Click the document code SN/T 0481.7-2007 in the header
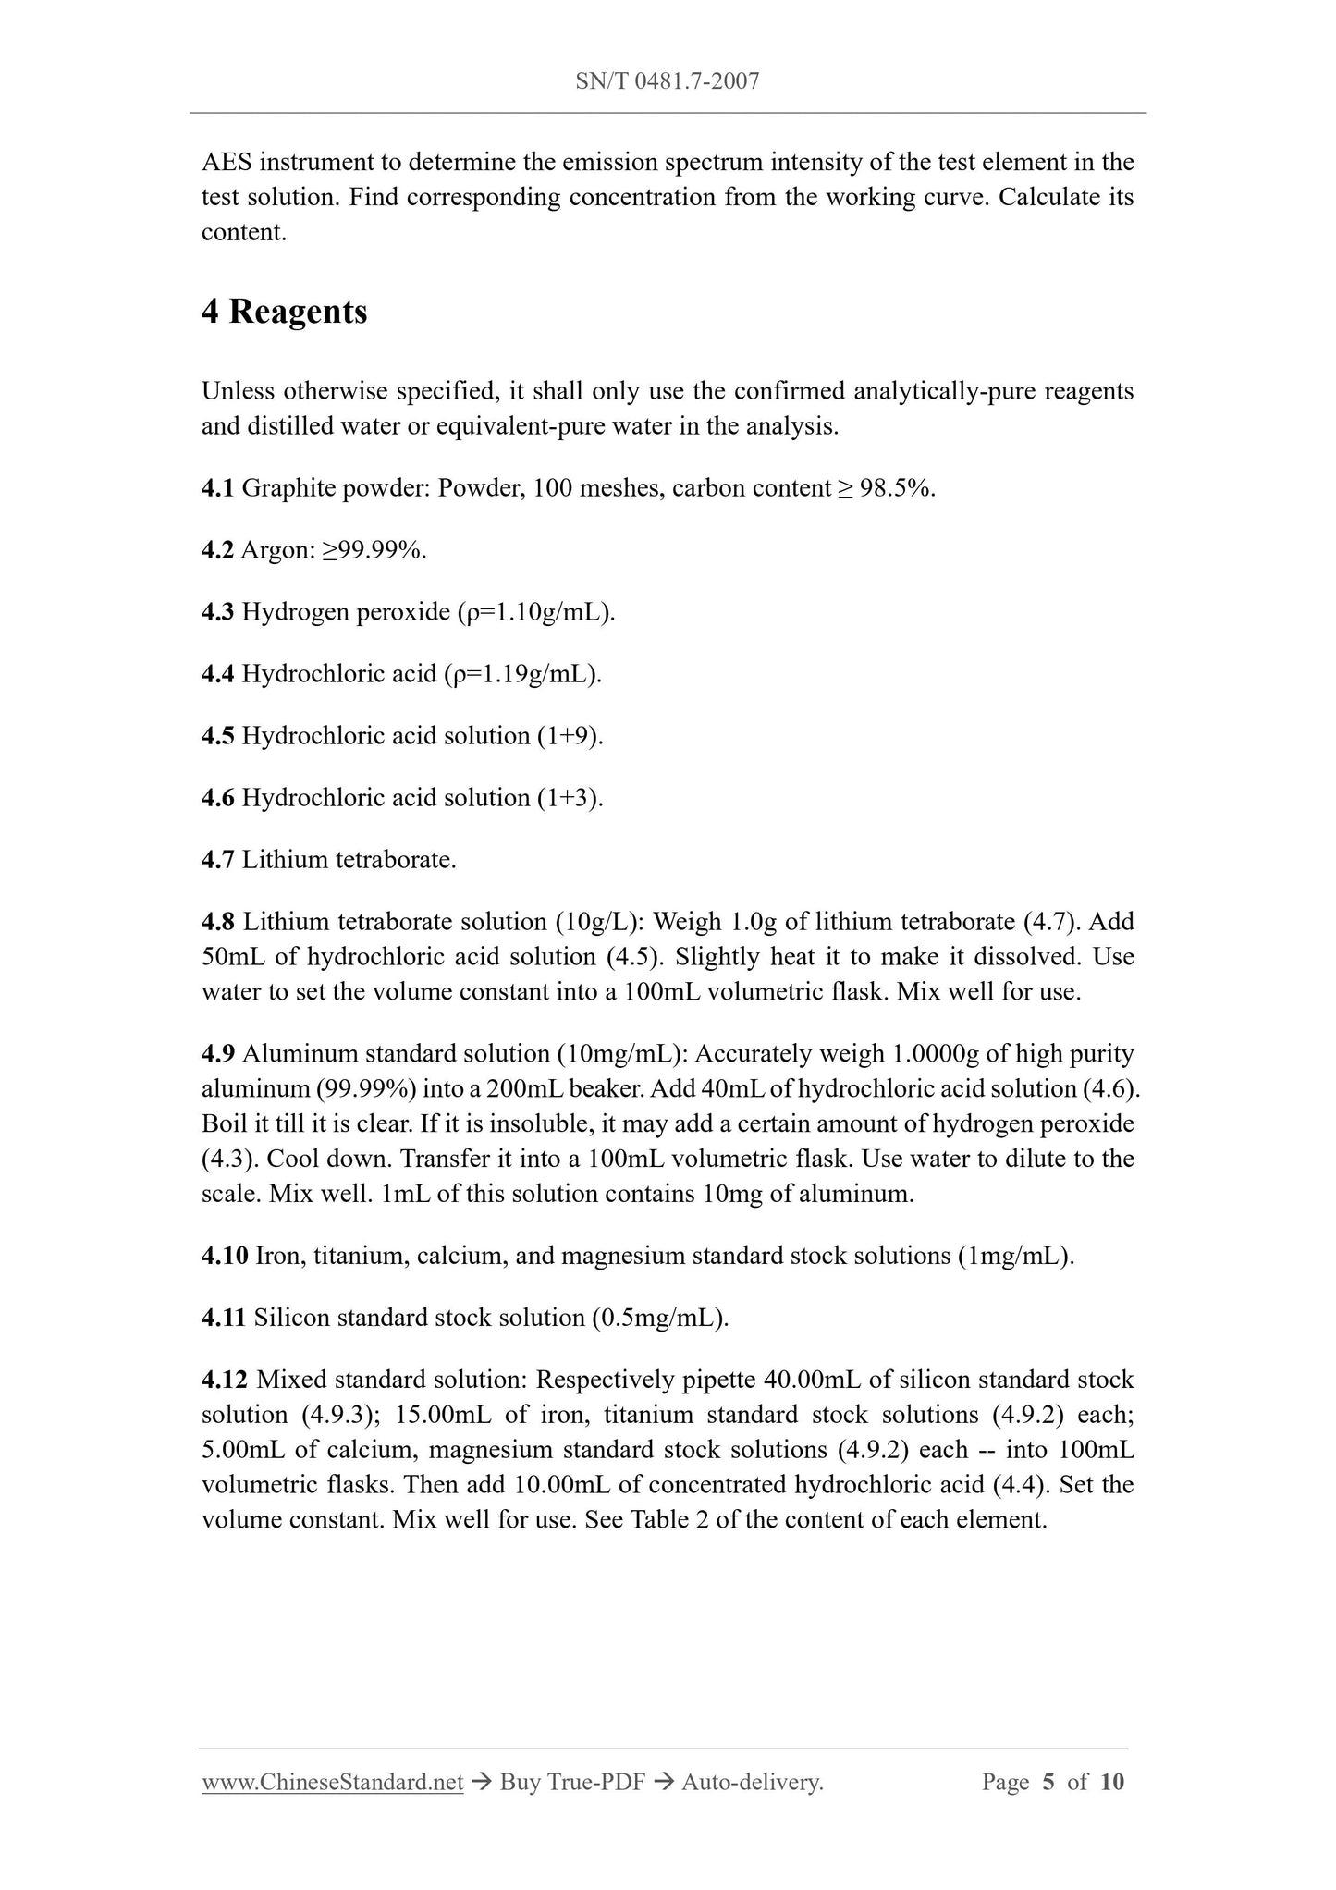pyautogui.click(x=667, y=81)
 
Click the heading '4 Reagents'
pyautogui.click(x=284, y=312)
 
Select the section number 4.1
pyautogui.click(x=217, y=488)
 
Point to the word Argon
pyautogui.click(x=273, y=550)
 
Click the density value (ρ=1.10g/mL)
pyautogui.click(x=536, y=612)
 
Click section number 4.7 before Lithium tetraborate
pyautogui.click(x=217, y=860)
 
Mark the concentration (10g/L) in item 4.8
pyautogui.click(x=599, y=922)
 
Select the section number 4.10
pyautogui.click(x=224, y=1256)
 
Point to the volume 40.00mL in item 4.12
pyautogui.click(x=814, y=1380)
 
